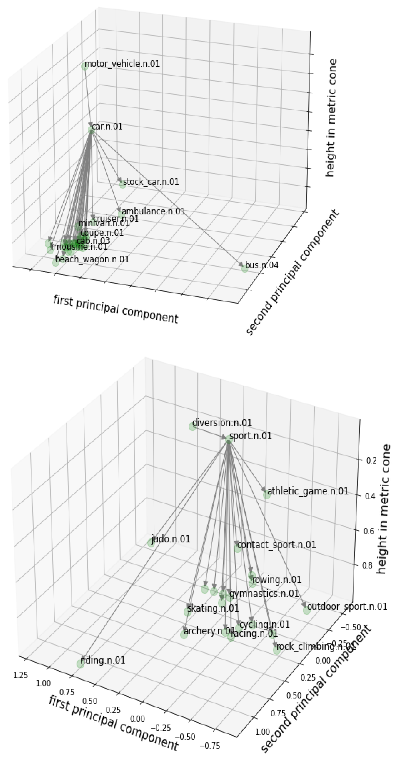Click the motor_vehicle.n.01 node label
pyautogui.click(x=122, y=64)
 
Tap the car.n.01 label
pyautogui.click(x=107, y=127)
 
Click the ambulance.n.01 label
pyautogui.click(x=153, y=211)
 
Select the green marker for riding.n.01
pyautogui.click(x=80, y=664)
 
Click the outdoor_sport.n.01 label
pyautogui.click(x=347, y=607)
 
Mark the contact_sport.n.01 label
pyautogui.click(x=276, y=545)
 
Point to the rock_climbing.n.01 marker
pyautogui.click(x=276, y=650)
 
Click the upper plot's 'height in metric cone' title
pyautogui.click(x=331, y=118)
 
